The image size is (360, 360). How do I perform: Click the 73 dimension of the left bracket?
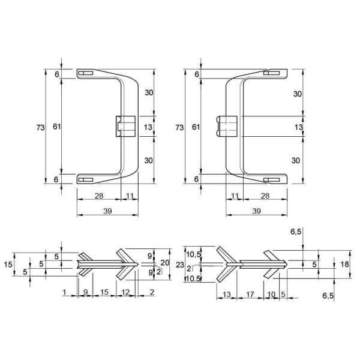(x=40, y=127)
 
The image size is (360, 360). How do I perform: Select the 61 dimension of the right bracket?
(x=196, y=127)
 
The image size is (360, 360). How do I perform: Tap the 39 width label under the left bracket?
(x=107, y=211)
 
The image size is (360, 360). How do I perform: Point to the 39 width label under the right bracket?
(x=256, y=211)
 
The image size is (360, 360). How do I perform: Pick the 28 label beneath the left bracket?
(x=99, y=196)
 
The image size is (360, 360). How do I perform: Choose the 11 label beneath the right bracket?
(x=235, y=196)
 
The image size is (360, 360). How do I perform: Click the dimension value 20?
(x=165, y=262)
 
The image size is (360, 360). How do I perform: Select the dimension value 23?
(x=180, y=265)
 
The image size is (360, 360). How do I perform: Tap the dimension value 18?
(x=344, y=264)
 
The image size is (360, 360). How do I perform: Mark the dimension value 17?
(x=250, y=294)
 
